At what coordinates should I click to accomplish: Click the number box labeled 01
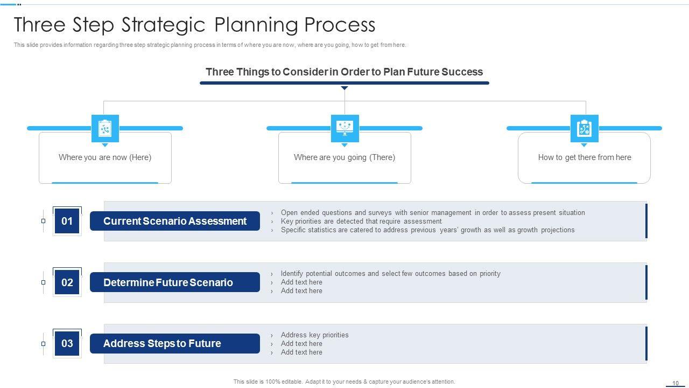tap(67, 221)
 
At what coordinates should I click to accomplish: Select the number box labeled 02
tap(67, 282)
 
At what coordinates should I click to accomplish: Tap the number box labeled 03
tap(67, 343)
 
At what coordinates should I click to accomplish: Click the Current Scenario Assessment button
tap(175, 221)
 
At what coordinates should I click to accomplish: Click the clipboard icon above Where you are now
tap(105, 128)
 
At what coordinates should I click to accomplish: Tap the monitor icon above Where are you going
tap(345, 128)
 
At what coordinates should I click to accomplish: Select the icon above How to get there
tap(585, 128)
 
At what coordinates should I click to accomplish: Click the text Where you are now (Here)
tap(105, 157)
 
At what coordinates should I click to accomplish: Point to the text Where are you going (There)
tap(344, 157)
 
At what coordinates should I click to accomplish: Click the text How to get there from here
tap(585, 157)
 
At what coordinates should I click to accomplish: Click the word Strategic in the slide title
tap(163, 25)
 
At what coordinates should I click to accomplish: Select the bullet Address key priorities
tap(315, 335)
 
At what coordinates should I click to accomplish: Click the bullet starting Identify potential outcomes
tap(391, 274)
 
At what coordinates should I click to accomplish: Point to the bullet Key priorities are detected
tap(361, 221)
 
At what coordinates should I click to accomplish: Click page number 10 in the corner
tap(676, 383)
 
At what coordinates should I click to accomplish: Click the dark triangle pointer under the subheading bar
tap(344, 88)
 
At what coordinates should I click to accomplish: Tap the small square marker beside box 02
tap(44, 282)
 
